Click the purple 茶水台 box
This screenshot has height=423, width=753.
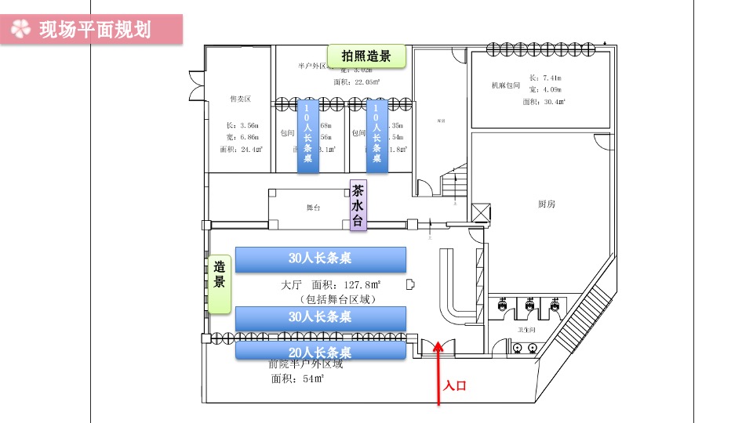click(x=358, y=206)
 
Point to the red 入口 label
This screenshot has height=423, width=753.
click(x=455, y=385)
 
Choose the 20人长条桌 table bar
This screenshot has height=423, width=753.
click(x=320, y=352)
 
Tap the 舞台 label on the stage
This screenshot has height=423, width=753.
click(x=313, y=208)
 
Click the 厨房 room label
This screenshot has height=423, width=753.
click(x=547, y=204)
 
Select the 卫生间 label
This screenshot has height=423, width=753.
click(x=526, y=330)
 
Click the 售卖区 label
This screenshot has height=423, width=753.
click(x=240, y=99)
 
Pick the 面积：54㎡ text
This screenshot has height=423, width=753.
click(x=298, y=379)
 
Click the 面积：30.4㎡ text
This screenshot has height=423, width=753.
click(x=544, y=101)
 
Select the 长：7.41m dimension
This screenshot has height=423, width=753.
click(x=545, y=78)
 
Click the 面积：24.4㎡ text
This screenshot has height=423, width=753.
click(x=242, y=149)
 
